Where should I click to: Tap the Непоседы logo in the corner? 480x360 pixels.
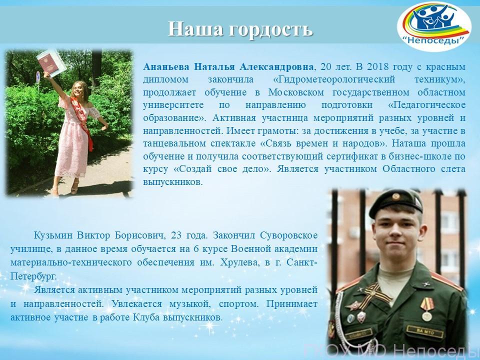[x=434, y=26]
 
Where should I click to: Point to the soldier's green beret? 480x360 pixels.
[x=396, y=202]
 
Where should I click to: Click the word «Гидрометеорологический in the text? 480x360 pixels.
[x=334, y=79]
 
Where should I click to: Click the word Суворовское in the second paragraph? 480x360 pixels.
[x=288, y=235]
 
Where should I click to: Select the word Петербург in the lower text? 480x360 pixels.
[x=33, y=276]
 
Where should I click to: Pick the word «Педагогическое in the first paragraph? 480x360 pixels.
[x=426, y=105]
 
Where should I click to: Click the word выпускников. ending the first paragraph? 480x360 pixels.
[x=173, y=182]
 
